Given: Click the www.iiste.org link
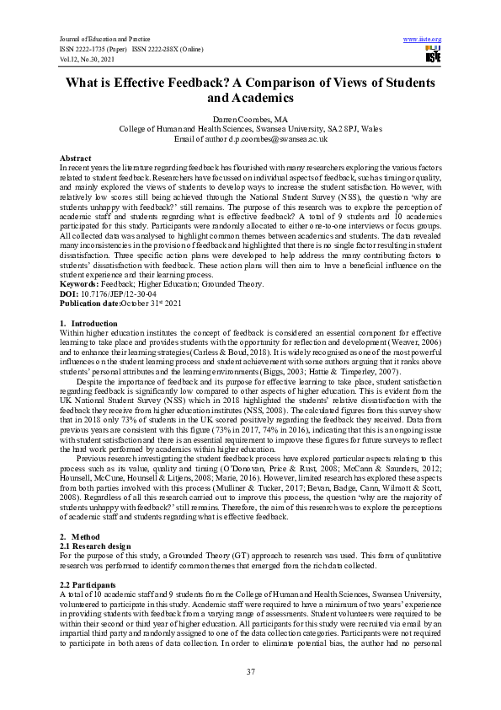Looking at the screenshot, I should point(423,40).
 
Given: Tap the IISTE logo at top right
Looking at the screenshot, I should point(433,56).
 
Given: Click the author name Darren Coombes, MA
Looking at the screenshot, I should point(250,120).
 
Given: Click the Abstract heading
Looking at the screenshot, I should point(76,159).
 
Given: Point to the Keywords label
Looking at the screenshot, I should point(80,285).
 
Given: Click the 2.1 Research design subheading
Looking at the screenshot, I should point(95,546).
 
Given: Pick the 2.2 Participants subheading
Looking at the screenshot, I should point(88,584).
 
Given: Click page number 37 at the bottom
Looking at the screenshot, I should point(250,671).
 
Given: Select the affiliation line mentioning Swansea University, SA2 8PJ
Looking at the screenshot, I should point(250,129).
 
